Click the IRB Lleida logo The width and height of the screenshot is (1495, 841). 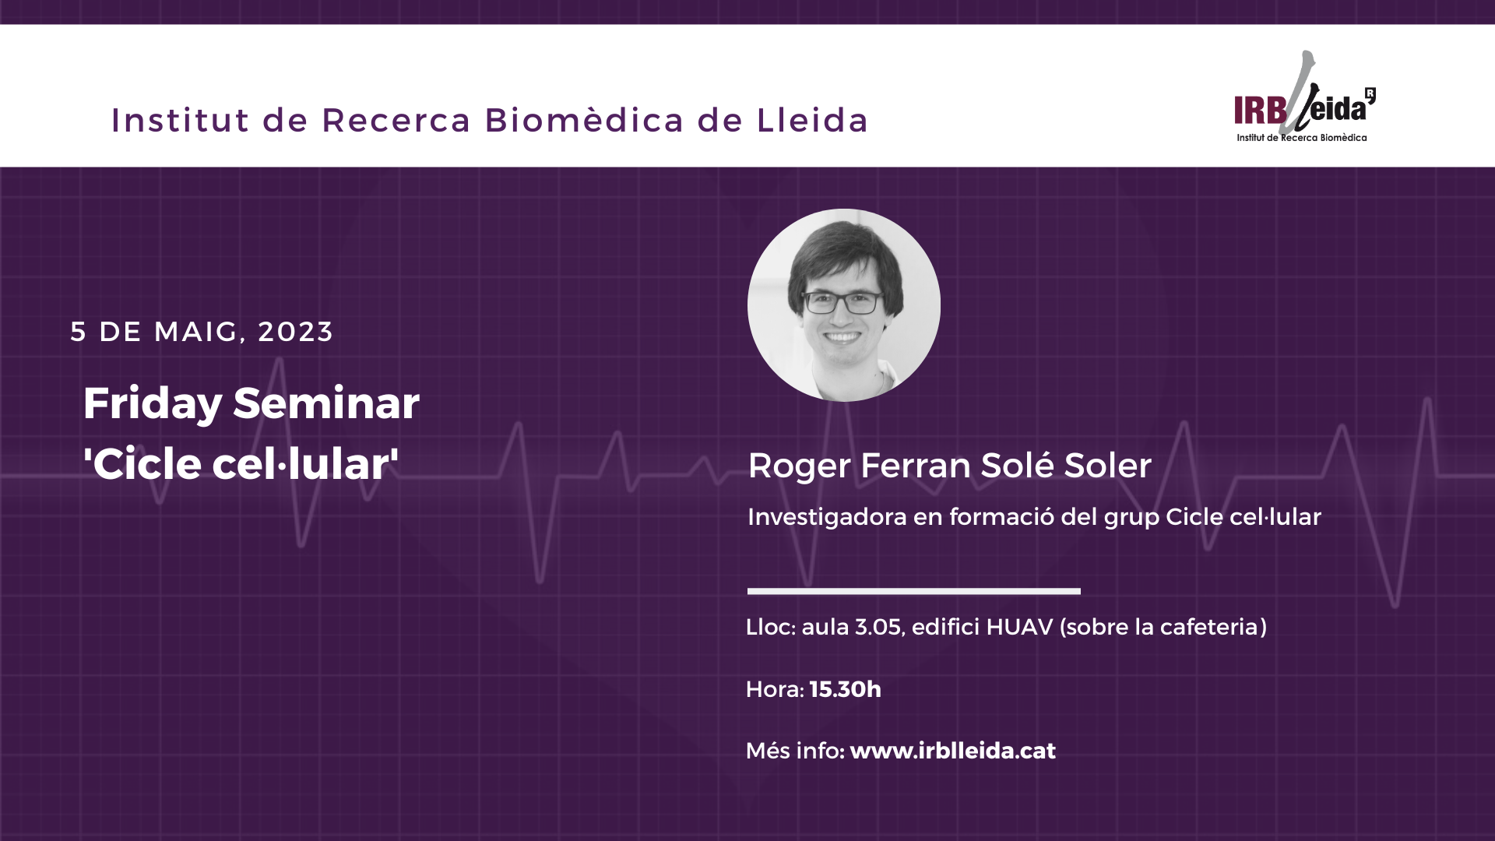pos(1305,97)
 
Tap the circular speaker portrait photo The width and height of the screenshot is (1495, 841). pos(844,305)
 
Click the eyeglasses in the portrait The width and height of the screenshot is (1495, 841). pos(842,302)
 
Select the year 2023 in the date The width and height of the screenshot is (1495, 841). pos(296,332)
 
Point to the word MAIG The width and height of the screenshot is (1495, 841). pos(196,332)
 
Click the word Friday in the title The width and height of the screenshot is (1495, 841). pos(153,404)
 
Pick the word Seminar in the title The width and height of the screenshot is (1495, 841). pos(326,403)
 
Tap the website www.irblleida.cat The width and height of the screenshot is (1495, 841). pos(953,751)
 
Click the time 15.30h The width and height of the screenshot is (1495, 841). pos(846,689)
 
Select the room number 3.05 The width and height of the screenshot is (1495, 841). pos(878,627)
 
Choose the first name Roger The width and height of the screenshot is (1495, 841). pos(800,466)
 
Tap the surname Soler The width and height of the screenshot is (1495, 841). pos(1107,466)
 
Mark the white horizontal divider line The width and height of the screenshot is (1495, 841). pos(914,591)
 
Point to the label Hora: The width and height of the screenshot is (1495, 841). pos(775,689)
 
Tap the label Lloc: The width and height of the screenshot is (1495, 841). pos(771,627)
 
